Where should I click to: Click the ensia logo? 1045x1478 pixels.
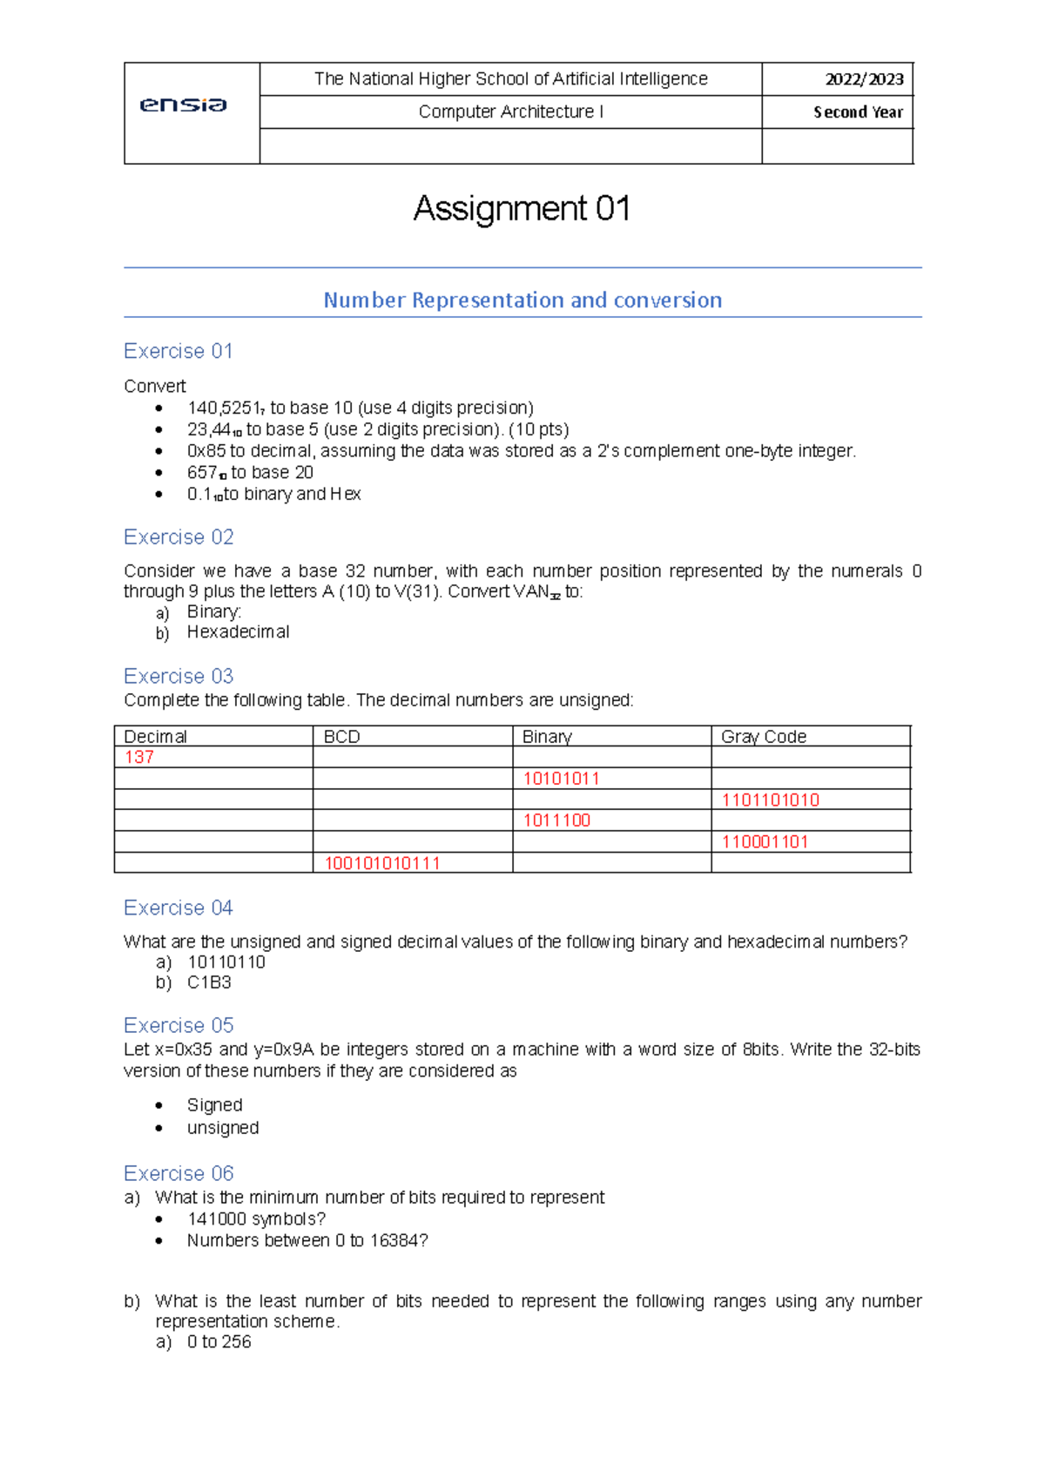click(183, 105)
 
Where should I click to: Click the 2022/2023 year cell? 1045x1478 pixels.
click(864, 79)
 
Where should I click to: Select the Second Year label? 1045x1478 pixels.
click(858, 112)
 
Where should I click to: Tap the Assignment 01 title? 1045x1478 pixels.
click(522, 209)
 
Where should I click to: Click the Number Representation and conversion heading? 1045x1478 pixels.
click(522, 300)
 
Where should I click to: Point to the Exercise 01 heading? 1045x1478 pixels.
click(178, 351)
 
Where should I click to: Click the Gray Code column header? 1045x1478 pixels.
click(763, 737)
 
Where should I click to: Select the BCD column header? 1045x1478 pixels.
click(341, 737)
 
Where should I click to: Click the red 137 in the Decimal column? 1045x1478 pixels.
click(139, 757)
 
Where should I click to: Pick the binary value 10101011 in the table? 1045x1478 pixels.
click(561, 779)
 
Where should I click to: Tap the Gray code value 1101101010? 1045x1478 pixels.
click(770, 800)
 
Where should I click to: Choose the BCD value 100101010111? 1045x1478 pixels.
click(382, 863)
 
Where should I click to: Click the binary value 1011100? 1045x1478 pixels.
click(556, 820)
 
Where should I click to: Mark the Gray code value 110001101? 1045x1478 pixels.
click(765, 842)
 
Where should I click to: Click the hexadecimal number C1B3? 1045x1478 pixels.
click(209, 982)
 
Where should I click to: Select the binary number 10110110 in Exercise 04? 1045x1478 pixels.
click(226, 962)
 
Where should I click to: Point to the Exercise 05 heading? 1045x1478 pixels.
click(179, 1025)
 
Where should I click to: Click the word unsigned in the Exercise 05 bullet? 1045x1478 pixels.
click(223, 1128)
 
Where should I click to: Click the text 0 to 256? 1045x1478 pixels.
click(219, 1342)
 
